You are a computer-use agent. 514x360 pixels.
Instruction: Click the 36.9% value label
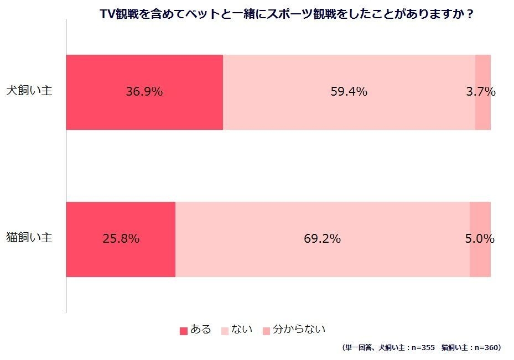(144, 92)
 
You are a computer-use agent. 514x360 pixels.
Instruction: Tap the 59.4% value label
(349, 92)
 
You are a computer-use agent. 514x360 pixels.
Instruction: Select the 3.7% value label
(480, 92)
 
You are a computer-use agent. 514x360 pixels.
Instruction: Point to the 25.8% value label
(121, 239)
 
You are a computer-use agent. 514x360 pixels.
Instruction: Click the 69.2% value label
(322, 239)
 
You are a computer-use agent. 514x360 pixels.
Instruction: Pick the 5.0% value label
(479, 239)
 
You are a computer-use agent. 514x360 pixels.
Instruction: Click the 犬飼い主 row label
(29, 91)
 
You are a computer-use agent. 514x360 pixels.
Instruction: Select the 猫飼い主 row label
(29, 238)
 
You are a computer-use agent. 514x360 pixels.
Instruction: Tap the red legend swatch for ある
(184, 331)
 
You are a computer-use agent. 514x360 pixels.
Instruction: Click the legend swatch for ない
(225, 331)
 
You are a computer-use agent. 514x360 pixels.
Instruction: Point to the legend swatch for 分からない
(266, 331)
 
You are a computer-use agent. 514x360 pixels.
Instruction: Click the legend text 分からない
(299, 330)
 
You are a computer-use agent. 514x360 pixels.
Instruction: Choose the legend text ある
(201, 330)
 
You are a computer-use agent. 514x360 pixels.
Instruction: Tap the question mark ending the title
(470, 14)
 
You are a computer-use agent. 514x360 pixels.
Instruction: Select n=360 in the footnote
(487, 348)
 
